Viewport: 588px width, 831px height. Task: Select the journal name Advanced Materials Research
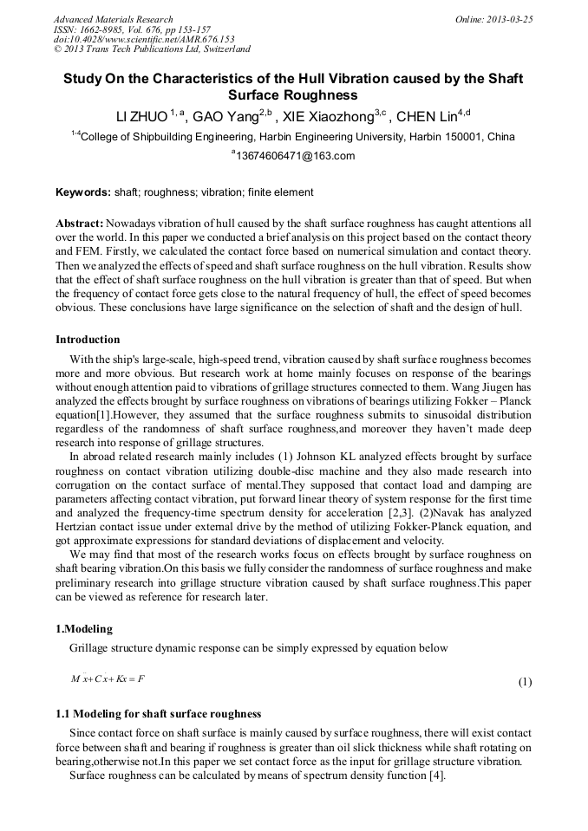[113, 19]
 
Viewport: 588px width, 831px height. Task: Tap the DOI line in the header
[144, 39]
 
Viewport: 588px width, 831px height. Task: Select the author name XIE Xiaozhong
[328, 116]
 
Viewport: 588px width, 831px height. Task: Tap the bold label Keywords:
[83, 192]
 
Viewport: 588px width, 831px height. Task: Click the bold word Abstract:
[80, 223]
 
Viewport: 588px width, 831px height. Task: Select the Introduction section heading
[88, 339]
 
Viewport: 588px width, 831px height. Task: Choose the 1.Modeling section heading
[84, 628]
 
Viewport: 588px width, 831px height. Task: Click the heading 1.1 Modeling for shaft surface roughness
[158, 713]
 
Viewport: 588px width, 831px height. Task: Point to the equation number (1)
[525, 682]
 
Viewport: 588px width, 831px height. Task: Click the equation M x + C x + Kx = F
[108, 678]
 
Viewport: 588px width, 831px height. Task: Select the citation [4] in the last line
[436, 776]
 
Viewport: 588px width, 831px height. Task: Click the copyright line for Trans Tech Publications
[152, 49]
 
